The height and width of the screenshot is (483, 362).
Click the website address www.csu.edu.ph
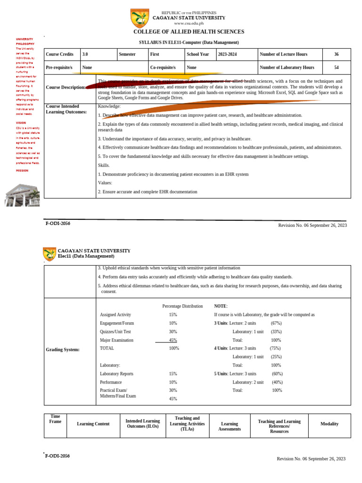tap(189, 23)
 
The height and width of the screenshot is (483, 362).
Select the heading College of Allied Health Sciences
tap(189, 32)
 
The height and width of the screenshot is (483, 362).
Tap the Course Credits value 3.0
tap(85, 54)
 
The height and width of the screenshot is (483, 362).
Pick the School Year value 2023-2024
tap(227, 54)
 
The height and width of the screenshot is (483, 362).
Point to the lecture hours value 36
tap(336, 54)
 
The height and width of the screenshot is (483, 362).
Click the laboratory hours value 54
tap(336, 67)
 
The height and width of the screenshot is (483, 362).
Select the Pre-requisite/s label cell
tap(59, 67)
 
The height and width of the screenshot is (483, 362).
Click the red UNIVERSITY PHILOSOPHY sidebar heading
tap(25, 41)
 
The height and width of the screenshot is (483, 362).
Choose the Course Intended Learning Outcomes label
tap(66, 109)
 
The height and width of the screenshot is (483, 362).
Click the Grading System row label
tap(63, 350)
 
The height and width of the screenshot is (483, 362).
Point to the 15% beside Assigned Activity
tap(173, 315)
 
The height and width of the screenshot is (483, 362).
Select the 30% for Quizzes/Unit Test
tap(173, 332)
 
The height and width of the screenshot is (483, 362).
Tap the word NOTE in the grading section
tap(221, 306)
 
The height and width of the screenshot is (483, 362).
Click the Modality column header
tap(329, 424)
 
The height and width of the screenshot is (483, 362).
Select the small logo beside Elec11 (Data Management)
tap(49, 253)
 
